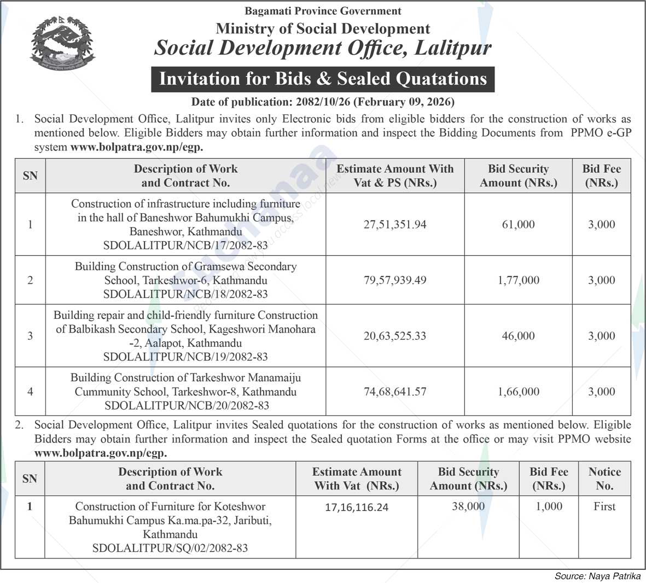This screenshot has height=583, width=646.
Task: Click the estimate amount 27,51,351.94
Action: [x=394, y=224]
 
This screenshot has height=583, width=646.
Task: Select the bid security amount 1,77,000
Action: [x=518, y=280]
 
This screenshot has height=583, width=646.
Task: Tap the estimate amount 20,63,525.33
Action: [x=394, y=336]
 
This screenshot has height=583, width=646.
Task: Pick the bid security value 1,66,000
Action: [x=518, y=392]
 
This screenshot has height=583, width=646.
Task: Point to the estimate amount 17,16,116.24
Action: [x=357, y=507]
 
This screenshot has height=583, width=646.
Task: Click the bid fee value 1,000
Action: [x=549, y=506]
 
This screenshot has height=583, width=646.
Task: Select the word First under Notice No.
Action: [x=604, y=506]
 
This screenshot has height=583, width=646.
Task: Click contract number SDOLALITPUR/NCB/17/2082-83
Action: [x=185, y=246]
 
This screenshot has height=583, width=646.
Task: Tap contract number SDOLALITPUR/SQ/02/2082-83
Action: [x=170, y=547]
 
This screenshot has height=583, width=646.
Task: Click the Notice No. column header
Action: [x=604, y=479]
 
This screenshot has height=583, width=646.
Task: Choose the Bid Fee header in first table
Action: [x=601, y=176]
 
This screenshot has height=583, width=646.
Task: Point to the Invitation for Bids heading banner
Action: [x=323, y=79]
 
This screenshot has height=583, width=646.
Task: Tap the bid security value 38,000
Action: [x=468, y=506]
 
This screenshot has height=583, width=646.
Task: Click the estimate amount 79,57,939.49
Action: [x=394, y=280]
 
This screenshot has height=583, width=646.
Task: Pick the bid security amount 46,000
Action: [x=518, y=336]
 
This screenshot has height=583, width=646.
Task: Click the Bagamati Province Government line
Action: [x=323, y=11]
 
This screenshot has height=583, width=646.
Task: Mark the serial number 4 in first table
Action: [x=30, y=392]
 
